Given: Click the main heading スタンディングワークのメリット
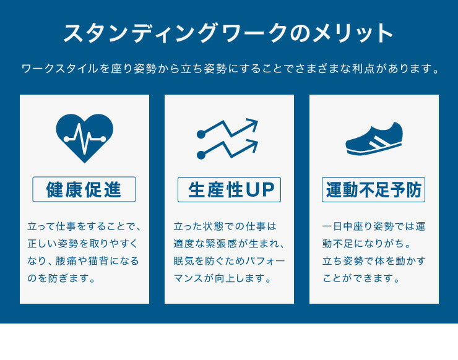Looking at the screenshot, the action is (228, 33).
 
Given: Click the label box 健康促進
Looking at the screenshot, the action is (84, 190).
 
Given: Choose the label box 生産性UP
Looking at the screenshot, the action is (229, 190).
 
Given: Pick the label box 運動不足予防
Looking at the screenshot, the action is (374, 190).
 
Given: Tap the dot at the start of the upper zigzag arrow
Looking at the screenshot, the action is (201, 134).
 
